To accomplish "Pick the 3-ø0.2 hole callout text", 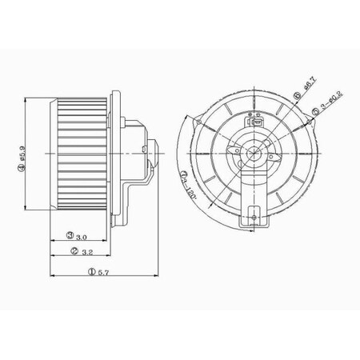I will (x=329, y=102).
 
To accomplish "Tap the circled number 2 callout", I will (x=74, y=252).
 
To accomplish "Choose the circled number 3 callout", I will (x=72, y=236).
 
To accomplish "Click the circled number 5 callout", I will (x=317, y=113).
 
